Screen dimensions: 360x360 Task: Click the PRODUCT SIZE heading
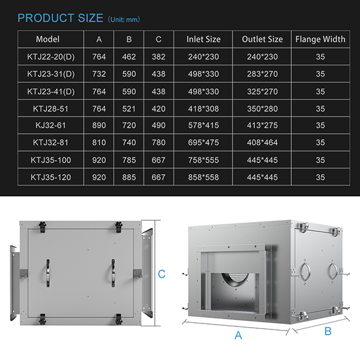(60, 18)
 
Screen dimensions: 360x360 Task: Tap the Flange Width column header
(320, 39)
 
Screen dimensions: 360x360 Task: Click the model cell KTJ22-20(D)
(52, 56)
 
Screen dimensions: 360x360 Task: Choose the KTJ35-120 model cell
(52, 177)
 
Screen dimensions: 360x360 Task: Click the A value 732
(99, 74)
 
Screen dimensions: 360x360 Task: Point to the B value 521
(129, 109)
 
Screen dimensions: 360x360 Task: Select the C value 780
(158, 143)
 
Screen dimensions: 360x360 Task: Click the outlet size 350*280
(262, 109)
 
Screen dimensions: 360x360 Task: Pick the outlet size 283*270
(262, 74)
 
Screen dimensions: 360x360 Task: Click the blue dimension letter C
(161, 274)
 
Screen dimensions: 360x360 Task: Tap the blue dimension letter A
(238, 335)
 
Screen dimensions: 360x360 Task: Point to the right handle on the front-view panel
(112, 274)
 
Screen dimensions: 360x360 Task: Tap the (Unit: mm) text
(125, 20)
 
